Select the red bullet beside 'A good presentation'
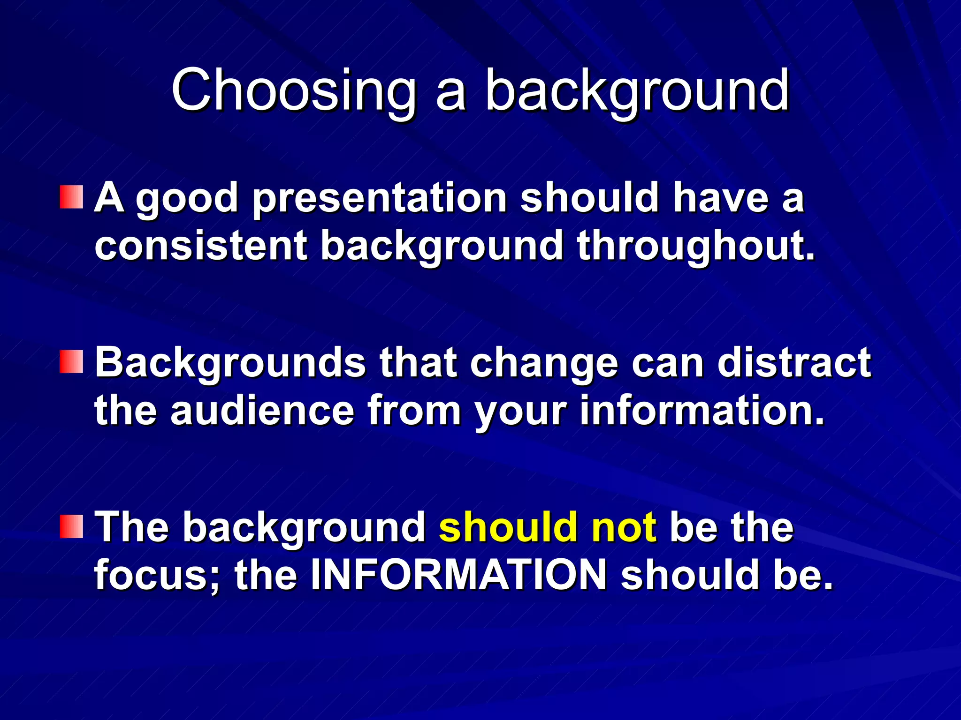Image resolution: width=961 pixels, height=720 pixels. pyautogui.click(x=71, y=197)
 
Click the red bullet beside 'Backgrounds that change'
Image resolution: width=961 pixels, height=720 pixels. pyautogui.click(x=71, y=362)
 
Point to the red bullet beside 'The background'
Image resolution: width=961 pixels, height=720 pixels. pyautogui.click(x=71, y=526)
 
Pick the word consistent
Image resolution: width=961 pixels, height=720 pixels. pyautogui.click(x=201, y=246)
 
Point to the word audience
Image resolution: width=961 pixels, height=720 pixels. pyautogui.click(x=262, y=411)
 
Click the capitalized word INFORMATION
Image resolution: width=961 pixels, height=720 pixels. pyautogui.click(x=459, y=575)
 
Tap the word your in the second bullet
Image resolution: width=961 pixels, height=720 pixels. pyautogui.click(x=520, y=411)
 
